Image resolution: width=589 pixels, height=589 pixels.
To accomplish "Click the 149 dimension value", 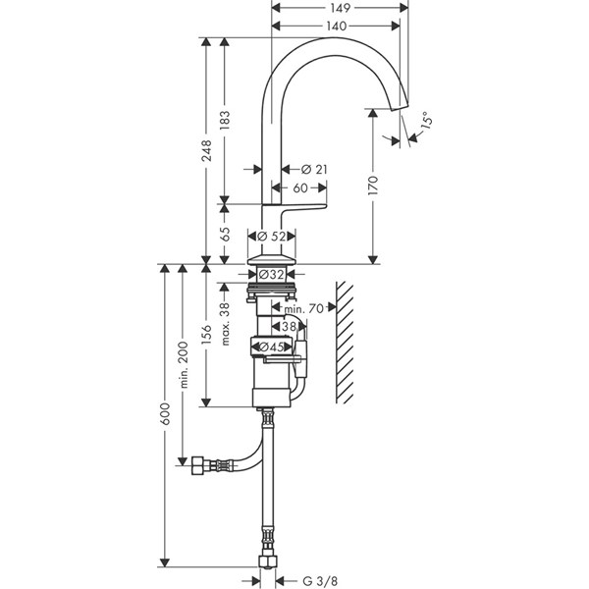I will coord(340,7).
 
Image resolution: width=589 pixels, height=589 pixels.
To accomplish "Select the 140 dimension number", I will coord(336,27).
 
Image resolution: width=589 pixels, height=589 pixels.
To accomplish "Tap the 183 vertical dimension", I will coord(225,119).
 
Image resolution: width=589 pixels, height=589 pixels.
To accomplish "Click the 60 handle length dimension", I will coord(300,187).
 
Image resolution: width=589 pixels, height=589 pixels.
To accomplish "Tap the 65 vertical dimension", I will coord(225,234).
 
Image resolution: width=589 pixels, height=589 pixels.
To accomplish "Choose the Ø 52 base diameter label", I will coord(272,236).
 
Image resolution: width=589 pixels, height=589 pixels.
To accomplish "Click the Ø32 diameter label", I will coord(273,274).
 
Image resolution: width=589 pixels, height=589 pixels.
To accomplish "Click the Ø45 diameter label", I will coord(273,346).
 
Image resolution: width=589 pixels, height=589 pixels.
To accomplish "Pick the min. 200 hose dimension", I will coord(182,363).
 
